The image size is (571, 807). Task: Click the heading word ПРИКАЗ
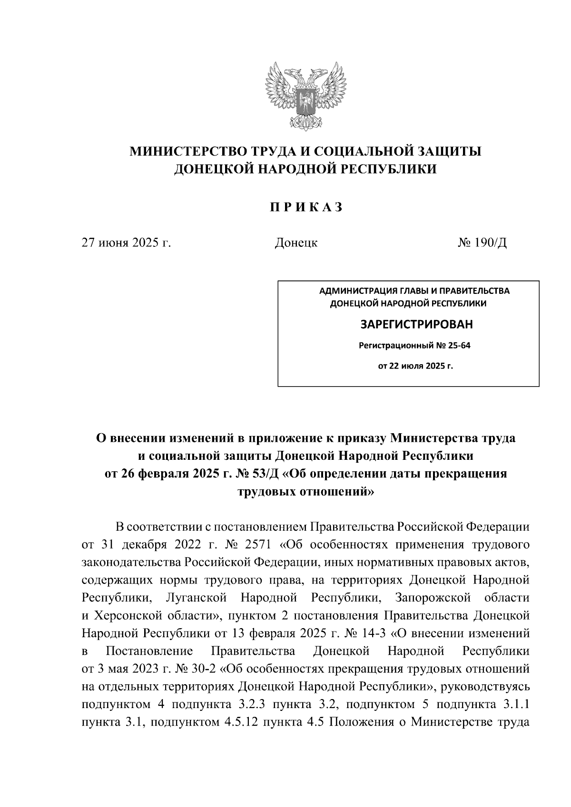tap(306, 208)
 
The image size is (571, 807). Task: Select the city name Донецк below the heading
tap(296, 243)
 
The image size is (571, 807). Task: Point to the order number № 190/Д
tap(482, 243)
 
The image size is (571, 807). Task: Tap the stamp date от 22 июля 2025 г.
tap(415, 367)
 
